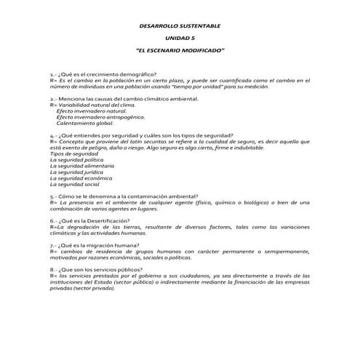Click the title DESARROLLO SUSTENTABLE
(x=180, y=25)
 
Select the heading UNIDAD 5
(x=180, y=38)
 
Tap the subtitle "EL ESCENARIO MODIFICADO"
(x=180, y=50)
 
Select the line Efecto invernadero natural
(x=91, y=111)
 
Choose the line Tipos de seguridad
(x=74, y=154)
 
